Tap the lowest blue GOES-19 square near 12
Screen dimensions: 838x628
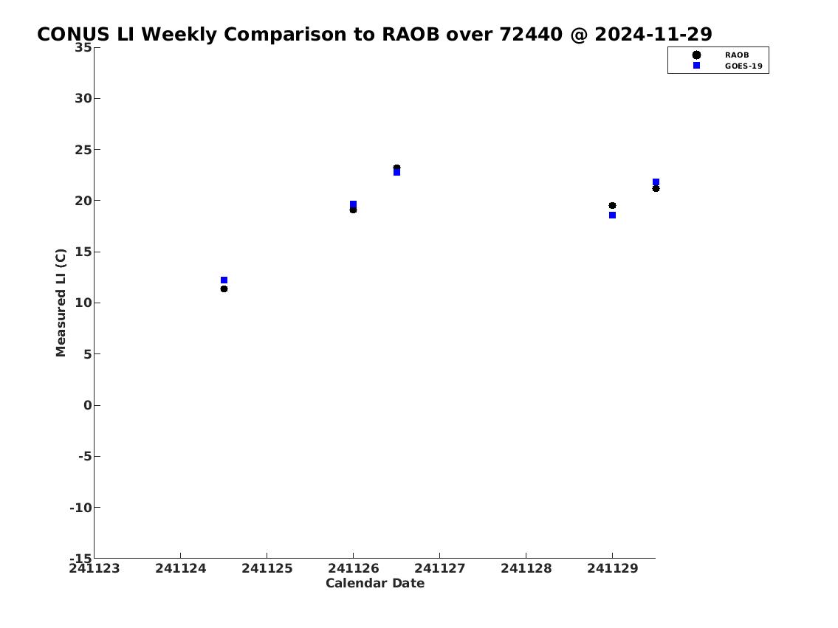tap(224, 280)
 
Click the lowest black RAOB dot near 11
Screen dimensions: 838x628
tap(224, 289)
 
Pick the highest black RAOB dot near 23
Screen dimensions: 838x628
tap(396, 168)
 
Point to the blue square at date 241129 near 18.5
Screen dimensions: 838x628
tap(613, 215)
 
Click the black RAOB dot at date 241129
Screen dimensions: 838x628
tap(613, 206)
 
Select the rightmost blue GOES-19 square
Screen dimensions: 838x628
tap(656, 182)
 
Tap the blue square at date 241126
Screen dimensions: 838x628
tap(353, 204)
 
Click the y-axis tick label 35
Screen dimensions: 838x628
tap(83, 47)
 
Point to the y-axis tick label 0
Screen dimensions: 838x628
tap(88, 405)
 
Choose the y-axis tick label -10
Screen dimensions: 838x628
tap(80, 507)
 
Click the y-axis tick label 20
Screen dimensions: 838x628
tap(83, 201)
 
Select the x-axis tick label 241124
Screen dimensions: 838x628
tap(181, 568)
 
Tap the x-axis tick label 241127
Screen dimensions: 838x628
tap(440, 568)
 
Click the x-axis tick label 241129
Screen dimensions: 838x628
tap(613, 568)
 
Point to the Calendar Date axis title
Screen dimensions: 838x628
tap(375, 583)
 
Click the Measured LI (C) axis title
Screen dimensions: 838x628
tap(61, 303)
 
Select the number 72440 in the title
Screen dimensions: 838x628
tap(531, 34)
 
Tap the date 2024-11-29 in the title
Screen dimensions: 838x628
tap(653, 34)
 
